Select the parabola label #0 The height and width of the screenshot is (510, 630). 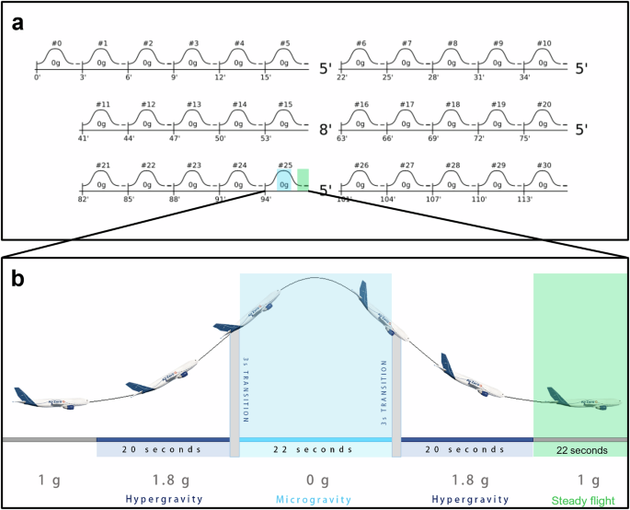(x=55, y=43)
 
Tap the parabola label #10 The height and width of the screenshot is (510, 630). (x=544, y=43)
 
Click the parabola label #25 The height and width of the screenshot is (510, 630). (x=284, y=166)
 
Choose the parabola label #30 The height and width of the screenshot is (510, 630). (x=544, y=166)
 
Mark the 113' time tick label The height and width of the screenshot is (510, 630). (x=528, y=199)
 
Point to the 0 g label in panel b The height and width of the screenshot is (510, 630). (x=315, y=480)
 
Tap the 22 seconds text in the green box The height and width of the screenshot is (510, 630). (x=582, y=450)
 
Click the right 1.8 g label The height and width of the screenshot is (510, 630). (x=466, y=480)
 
